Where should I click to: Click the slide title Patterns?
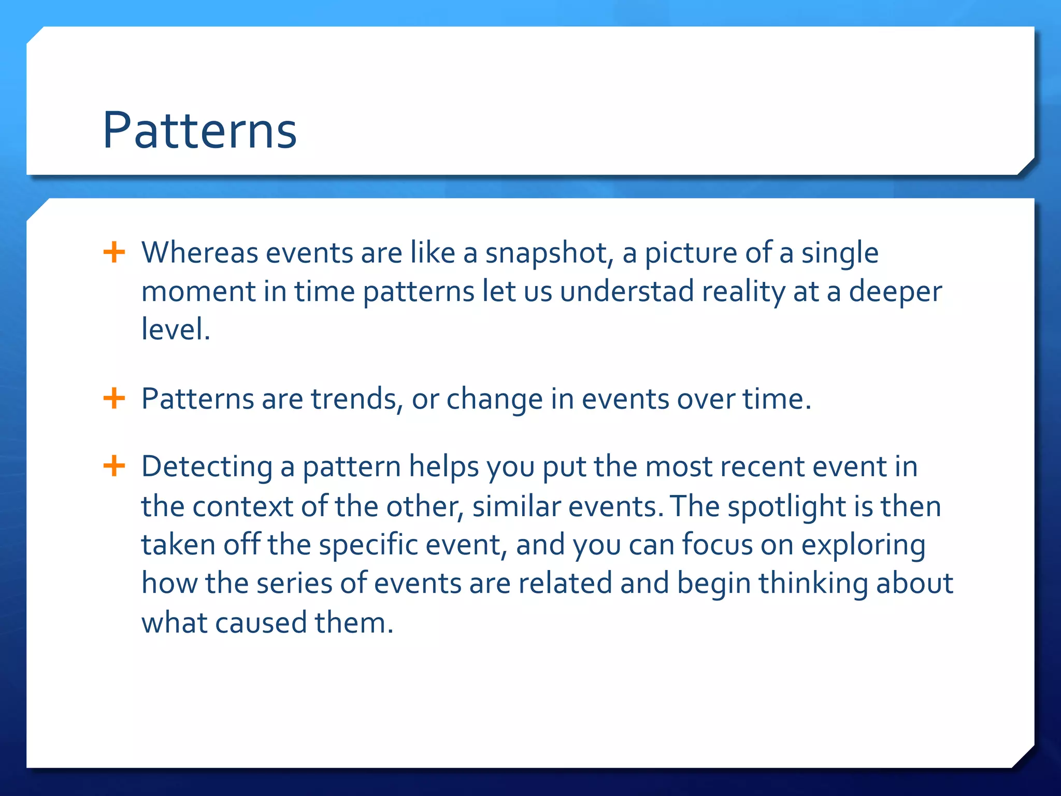[x=199, y=131]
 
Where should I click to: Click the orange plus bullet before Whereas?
[x=114, y=253]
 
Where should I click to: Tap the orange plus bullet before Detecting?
[x=114, y=466]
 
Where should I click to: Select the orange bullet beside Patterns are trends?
[x=114, y=399]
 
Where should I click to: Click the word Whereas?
[x=199, y=253]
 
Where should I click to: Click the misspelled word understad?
[x=627, y=291]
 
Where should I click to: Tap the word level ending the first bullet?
[x=175, y=330]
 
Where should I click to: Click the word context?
[x=242, y=507]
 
